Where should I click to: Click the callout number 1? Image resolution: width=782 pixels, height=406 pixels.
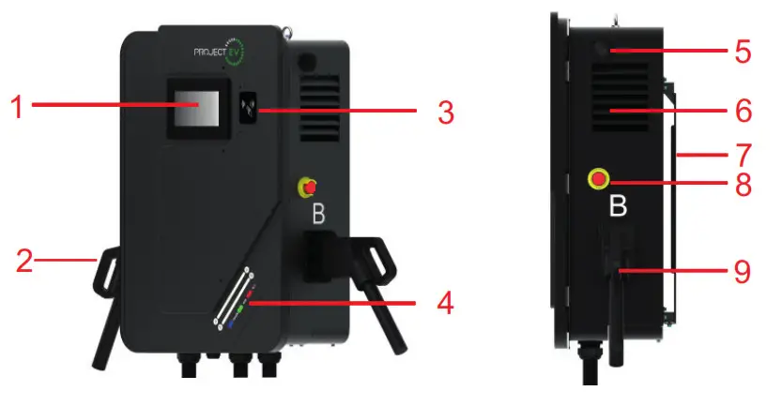click(15, 107)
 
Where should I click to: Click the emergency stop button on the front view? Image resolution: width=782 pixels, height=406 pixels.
click(308, 186)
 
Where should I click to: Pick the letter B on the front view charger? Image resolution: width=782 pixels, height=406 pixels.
click(318, 216)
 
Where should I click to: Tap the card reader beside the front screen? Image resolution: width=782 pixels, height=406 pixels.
click(250, 106)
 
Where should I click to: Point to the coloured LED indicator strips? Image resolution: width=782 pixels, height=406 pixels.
click(237, 297)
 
